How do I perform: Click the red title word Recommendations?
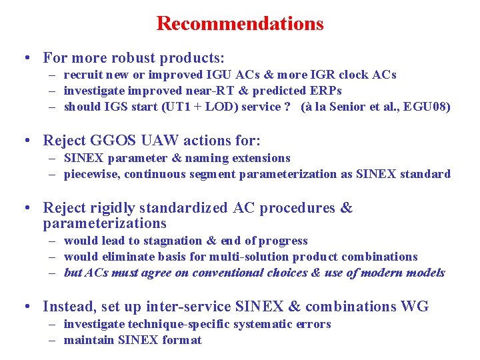point(240,24)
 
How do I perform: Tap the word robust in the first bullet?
point(145,58)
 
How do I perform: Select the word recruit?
point(83,75)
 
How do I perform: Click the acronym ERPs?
point(326,91)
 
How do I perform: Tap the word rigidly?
point(117,208)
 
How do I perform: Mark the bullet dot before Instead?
point(25,307)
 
